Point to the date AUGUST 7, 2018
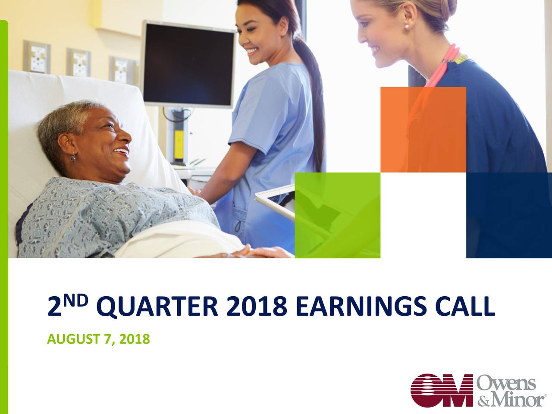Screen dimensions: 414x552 [98, 340]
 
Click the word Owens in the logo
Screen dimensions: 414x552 [506, 383]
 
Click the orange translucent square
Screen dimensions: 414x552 [423, 129]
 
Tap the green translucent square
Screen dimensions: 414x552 [337, 215]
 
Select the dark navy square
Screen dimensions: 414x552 [509, 215]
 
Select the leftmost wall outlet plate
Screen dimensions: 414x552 [37, 57]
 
